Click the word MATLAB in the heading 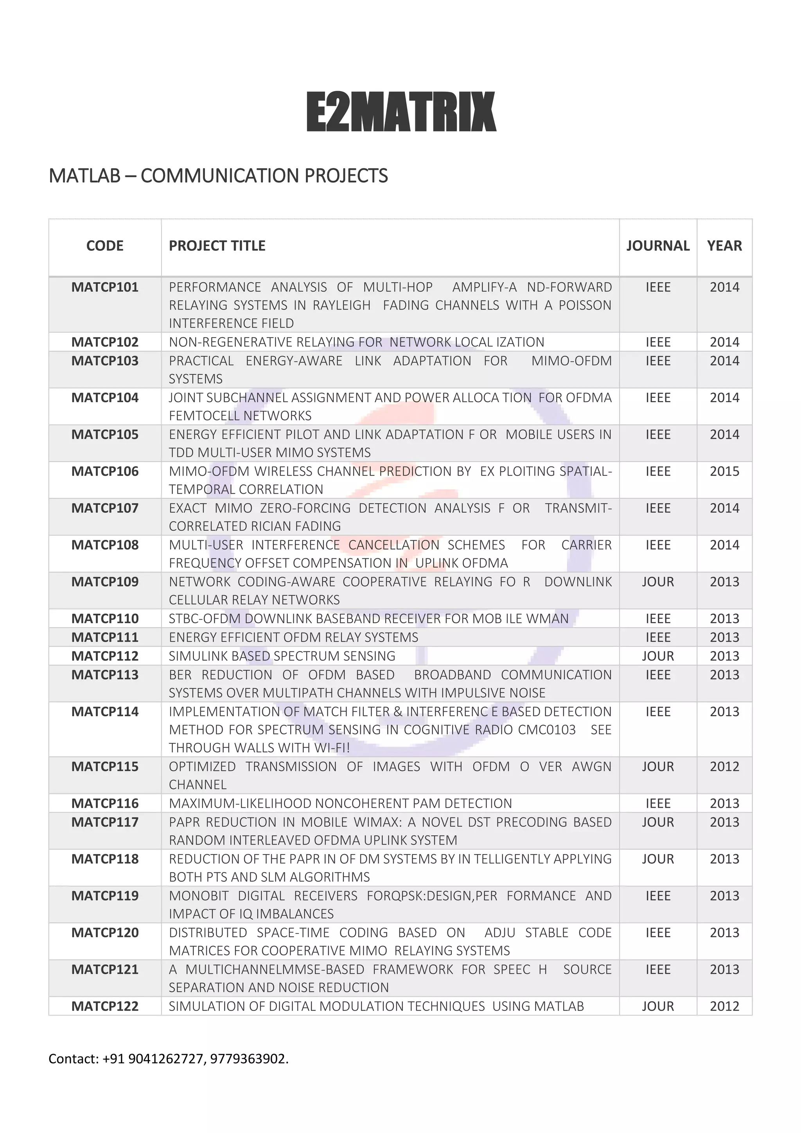(84, 176)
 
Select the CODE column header (104, 246)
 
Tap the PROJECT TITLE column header (217, 246)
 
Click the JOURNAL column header (657, 246)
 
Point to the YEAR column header (724, 246)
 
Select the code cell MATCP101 (104, 287)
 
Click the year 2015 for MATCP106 (724, 471)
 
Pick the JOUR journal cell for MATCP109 (657, 582)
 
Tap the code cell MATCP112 (104, 656)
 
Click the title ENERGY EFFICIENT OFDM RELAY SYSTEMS (293, 637)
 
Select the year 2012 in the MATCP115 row (724, 766)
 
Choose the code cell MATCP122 (104, 1006)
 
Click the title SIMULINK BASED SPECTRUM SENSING (282, 656)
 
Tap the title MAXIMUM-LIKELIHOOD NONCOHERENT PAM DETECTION (340, 803)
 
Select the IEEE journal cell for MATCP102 (657, 342)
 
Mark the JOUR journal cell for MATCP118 (657, 859)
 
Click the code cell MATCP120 (104, 933)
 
